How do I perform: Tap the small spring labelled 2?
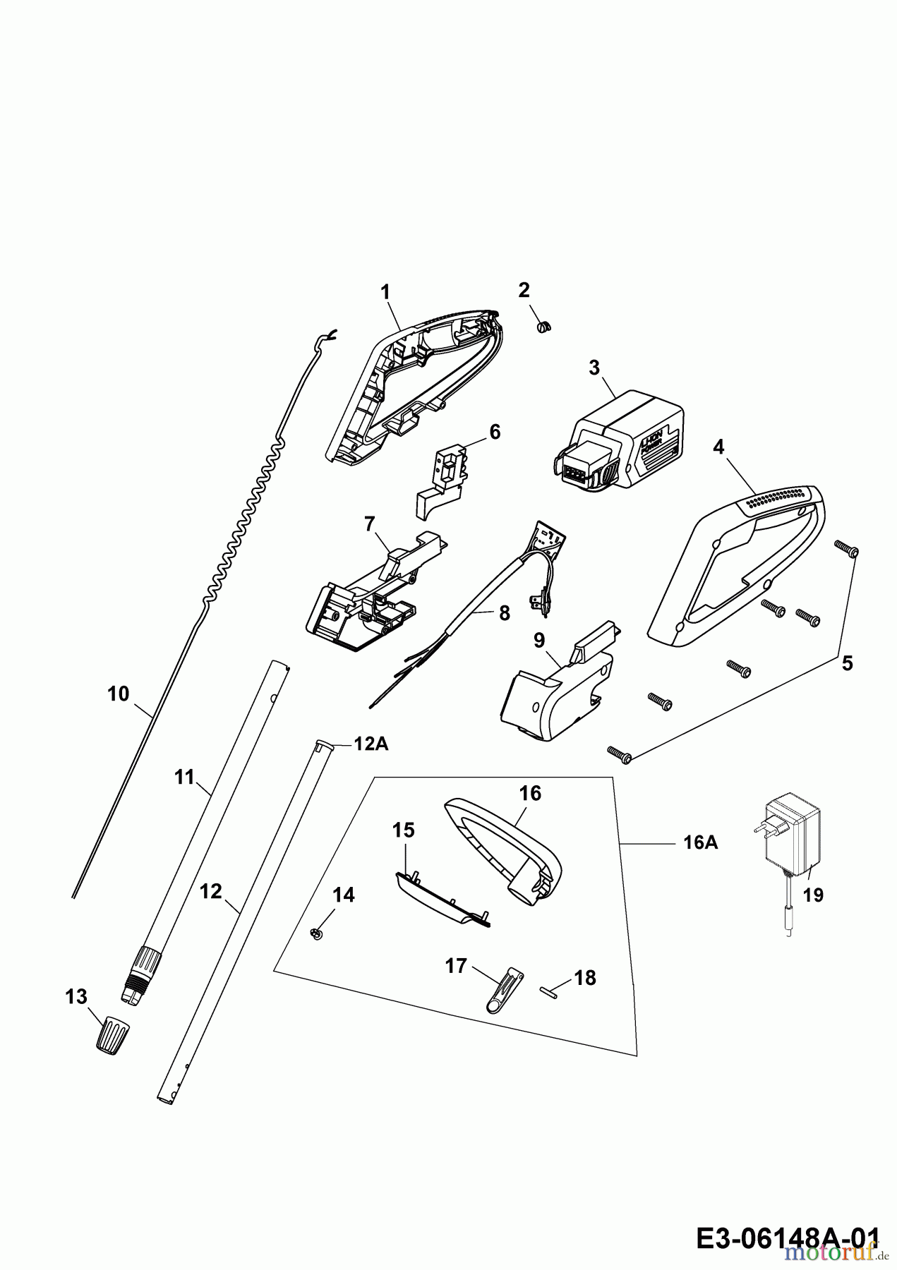[x=545, y=326]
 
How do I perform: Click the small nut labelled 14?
[x=316, y=934]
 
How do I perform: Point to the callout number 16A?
[x=701, y=842]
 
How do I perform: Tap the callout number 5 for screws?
[x=847, y=663]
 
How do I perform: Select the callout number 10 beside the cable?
[x=119, y=694]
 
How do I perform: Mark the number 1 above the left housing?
[x=385, y=291]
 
